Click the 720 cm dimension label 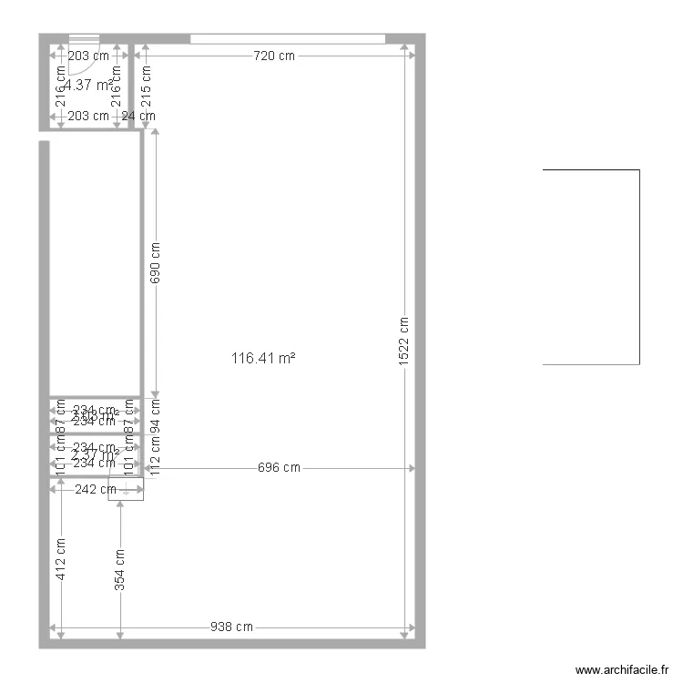(274, 56)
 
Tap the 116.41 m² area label (264, 359)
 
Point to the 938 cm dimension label (231, 627)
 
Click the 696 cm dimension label (279, 468)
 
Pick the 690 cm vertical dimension (155, 264)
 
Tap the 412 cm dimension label (61, 558)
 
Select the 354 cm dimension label (120, 570)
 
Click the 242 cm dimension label (96, 489)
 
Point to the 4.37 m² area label (90, 85)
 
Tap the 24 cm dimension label (139, 116)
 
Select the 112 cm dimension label (155, 455)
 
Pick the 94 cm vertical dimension (155, 413)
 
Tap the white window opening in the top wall (287, 38)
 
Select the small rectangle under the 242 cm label (126, 493)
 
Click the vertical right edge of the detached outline (639, 267)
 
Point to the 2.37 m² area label (96, 455)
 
